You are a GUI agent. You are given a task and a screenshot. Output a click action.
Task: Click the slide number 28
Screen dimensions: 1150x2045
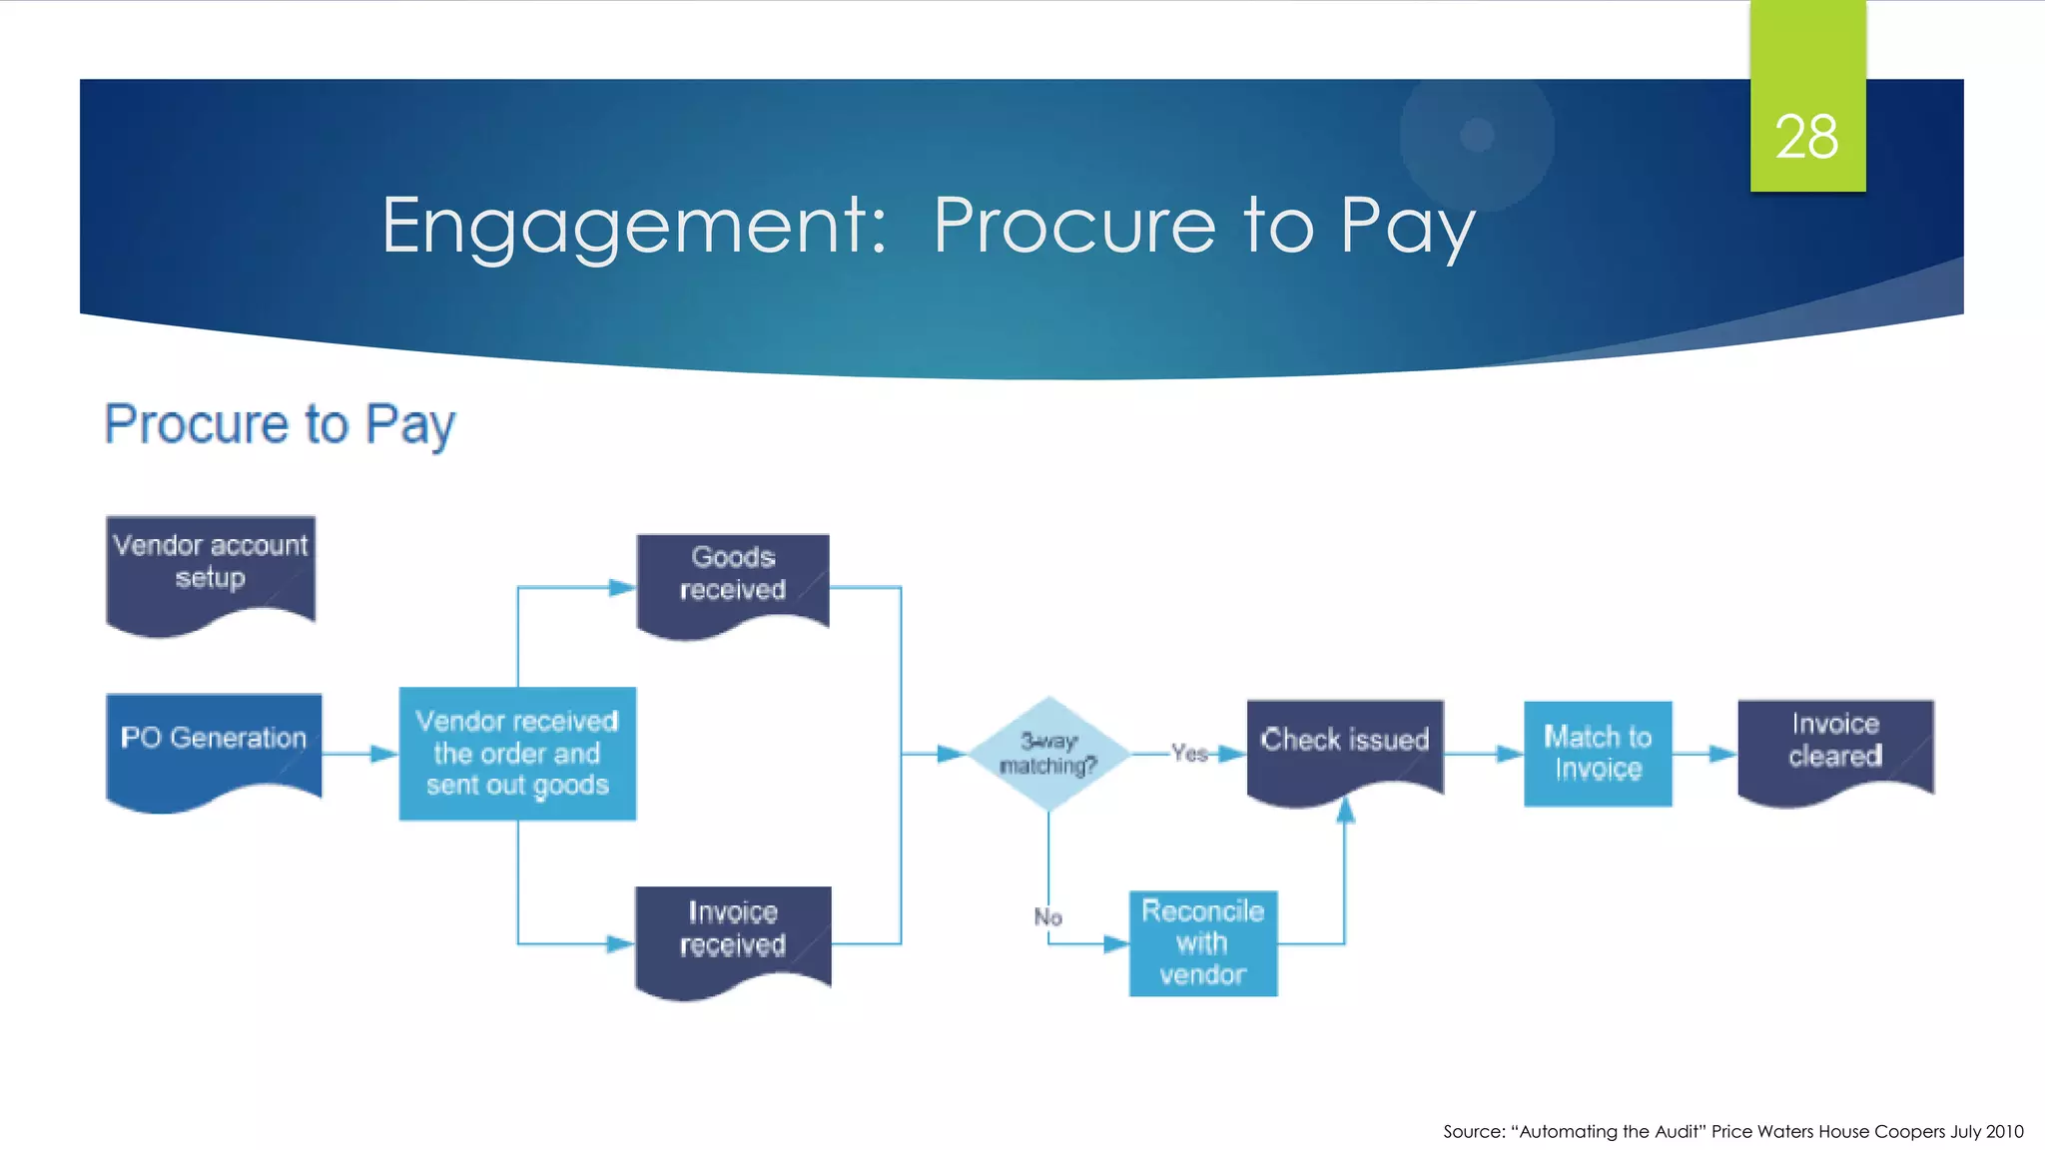[1806, 137]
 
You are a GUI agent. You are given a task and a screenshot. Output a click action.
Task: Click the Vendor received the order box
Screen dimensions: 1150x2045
[517, 754]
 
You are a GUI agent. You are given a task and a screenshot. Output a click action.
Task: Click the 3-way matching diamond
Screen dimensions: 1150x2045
[1048, 754]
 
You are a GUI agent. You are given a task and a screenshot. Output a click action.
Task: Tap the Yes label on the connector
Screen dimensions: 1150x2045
[1189, 754]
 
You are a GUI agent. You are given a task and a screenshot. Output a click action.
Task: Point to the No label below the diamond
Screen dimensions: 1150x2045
[1047, 916]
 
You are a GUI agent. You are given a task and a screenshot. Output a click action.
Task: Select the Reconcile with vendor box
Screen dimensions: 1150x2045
[1203, 942]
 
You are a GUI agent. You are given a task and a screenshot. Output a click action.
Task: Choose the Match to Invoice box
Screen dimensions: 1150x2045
[1598, 754]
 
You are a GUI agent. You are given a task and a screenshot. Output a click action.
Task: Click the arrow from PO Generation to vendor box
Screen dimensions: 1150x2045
[359, 754]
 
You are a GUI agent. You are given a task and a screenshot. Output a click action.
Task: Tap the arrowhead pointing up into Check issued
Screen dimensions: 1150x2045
[1345, 811]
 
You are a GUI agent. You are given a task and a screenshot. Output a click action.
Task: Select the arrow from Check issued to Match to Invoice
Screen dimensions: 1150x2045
[1484, 754]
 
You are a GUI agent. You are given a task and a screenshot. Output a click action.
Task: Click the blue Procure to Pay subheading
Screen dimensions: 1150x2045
[280, 424]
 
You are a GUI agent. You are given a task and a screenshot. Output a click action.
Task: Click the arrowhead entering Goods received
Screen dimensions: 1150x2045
[622, 588]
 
